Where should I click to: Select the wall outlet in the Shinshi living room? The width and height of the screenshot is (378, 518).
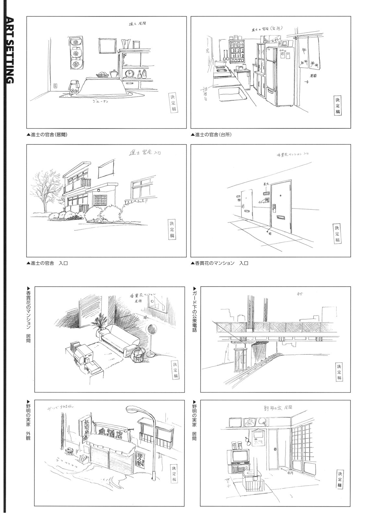point(55,86)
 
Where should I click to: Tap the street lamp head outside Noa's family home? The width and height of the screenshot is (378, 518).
point(134,409)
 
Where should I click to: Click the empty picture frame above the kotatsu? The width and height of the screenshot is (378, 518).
point(107,46)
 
